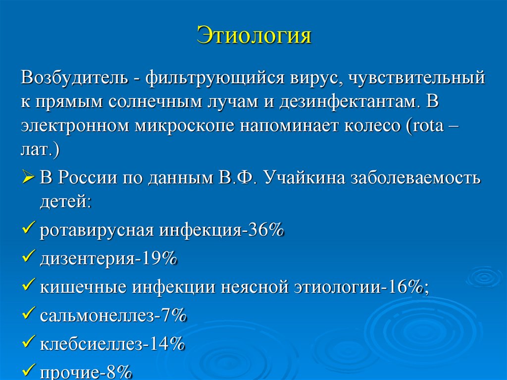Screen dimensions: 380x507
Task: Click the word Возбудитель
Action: click(74, 78)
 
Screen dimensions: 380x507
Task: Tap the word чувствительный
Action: click(416, 78)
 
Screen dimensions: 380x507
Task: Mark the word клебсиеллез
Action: click(92, 343)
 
